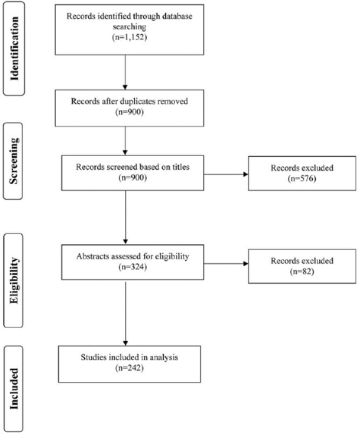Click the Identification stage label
tap(14, 49)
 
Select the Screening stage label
tap(14, 161)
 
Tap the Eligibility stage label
tap(14, 280)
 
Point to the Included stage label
tap(14, 389)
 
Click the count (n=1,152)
tap(130, 37)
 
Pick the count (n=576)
tap(302, 178)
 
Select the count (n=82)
tap(302, 271)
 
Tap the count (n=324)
tap(133, 267)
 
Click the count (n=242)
tap(130, 368)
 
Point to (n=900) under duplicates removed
tap(130, 112)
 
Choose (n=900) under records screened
tap(133, 177)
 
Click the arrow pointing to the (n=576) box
tap(226, 174)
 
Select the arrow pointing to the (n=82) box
tap(226, 264)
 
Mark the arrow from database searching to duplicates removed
tap(125, 72)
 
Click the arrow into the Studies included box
tap(125, 314)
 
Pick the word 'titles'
tap(180, 167)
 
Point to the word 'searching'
tap(130, 27)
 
